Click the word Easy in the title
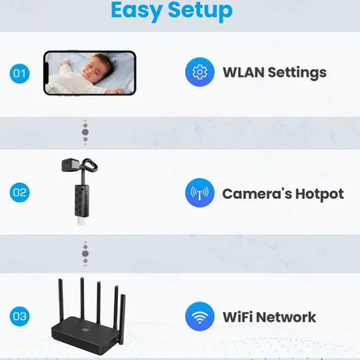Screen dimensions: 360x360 136,11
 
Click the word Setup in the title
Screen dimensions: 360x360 200,11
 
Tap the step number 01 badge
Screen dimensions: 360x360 19,73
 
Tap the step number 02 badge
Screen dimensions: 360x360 19,192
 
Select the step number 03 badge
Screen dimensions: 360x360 19,316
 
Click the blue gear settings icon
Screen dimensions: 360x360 199,72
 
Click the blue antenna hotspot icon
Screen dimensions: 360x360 199,192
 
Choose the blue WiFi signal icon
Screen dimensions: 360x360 199,316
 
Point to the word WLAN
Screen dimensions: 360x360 243,73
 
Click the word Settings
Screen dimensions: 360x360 297,73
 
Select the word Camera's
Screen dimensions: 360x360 257,194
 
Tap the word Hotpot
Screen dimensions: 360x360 319,194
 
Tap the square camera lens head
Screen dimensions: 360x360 69,165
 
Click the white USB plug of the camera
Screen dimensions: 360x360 80,221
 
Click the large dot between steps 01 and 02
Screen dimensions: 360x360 85,132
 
